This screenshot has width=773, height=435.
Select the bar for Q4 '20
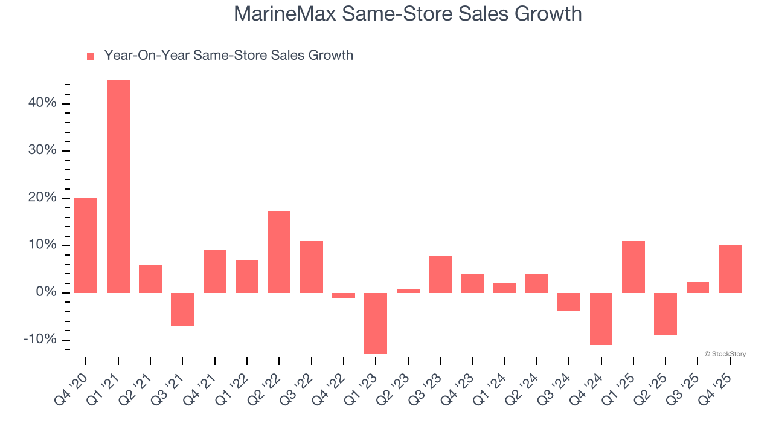(x=86, y=245)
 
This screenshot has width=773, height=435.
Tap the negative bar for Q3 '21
(x=182, y=309)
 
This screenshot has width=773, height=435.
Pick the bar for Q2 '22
(x=279, y=251)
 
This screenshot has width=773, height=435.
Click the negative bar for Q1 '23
(x=376, y=323)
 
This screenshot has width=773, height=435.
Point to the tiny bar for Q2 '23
(x=408, y=291)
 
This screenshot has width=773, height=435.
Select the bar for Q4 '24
(x=601, y=319)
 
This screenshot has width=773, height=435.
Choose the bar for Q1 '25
(x=633, y=267)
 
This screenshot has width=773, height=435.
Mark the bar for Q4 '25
(x=730, y=269)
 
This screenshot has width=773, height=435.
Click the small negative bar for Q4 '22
(x=344, y=295)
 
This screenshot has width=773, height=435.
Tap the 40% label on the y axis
(x=42, y=103)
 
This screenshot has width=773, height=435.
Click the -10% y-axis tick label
(x=40, y=340)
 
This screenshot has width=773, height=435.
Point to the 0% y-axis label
(x=46, y=292)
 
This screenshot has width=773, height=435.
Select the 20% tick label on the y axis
(x=42, y=198)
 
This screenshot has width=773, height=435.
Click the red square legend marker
(x=91, y=56)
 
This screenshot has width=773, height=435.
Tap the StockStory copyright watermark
(x=725, y=354)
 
